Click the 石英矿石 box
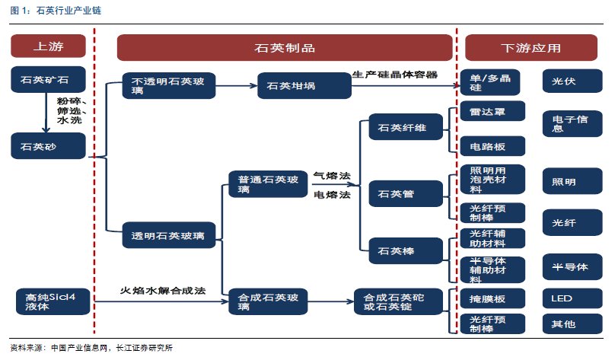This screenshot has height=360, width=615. [x=48, y=79]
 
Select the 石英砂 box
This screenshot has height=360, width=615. [x=48, y=146]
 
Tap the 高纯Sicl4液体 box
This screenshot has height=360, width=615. [x=53, y=301]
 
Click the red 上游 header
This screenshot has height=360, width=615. [x=48, y=46]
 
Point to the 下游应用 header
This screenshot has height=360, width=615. [x=531, y=47]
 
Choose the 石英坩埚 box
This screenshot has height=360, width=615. [x=304, y=85]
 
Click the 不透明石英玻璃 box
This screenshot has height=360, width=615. [x=169, y=85]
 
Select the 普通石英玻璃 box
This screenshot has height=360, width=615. [x=268, y=184]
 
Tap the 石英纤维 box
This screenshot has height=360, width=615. [x=406, y=126]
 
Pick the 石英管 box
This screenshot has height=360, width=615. [x=406, y=193]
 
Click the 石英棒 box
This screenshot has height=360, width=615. [x=406, y=250]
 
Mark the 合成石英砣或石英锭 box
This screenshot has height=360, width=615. [x=398, y=301]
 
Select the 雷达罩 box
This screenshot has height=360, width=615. [x=492, y=111]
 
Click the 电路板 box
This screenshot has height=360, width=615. [x=492, y=146]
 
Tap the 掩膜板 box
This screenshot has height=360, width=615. [x=492, y=299]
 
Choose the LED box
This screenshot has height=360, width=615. [x=572, y=298]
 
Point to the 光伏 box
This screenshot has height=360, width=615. [x=572, y=81]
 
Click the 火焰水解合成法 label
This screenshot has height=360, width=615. [x=163, y=291]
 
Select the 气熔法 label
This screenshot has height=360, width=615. [x=332, y=176]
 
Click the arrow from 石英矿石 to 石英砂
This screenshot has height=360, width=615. [x=46, y=113]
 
